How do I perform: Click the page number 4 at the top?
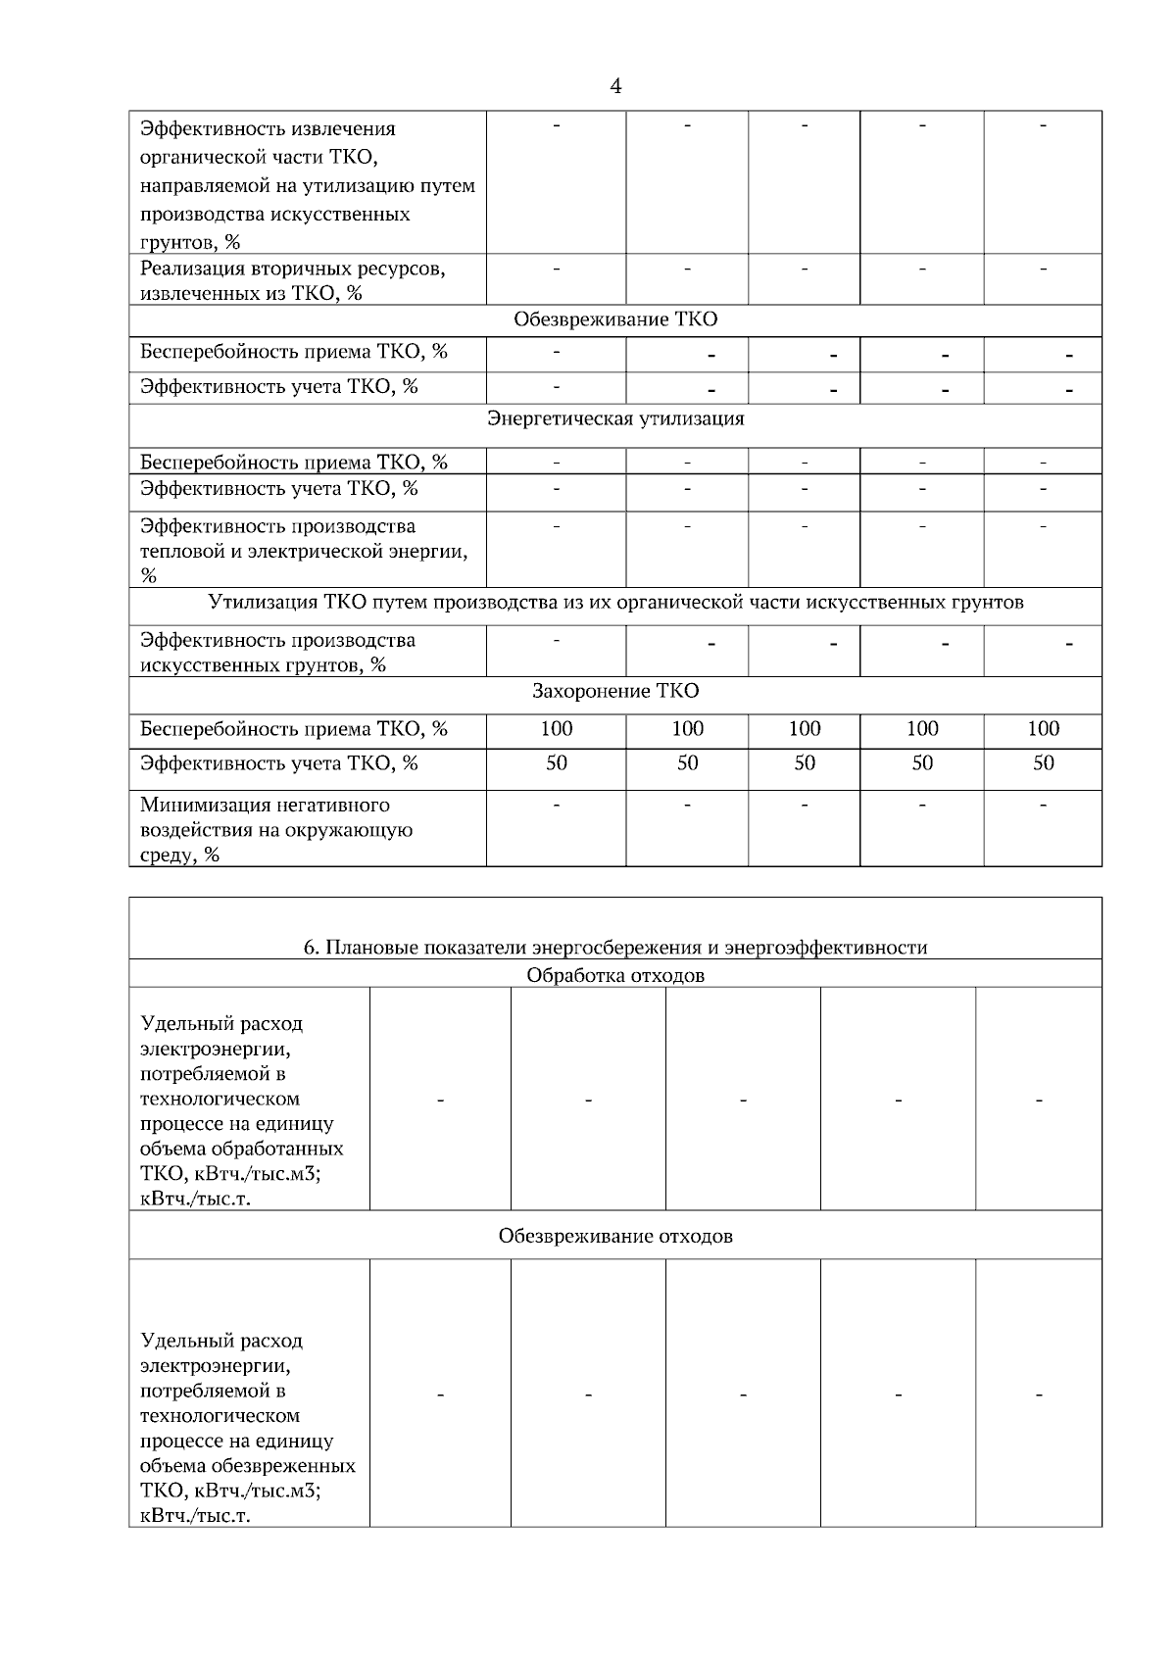(x=615, y=87)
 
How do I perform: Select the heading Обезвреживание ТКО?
(x=615, y=320)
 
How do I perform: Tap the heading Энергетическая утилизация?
(x=615, y=419)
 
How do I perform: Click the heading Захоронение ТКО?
(x=615, y=692)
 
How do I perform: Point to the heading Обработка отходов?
(x=615, y=976)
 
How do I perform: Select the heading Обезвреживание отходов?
(x=615, y=1236)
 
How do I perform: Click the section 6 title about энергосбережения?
(x=615, y=948)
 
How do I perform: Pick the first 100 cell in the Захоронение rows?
(x=556, y=729)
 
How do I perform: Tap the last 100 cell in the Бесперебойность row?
(x=1043, y=729)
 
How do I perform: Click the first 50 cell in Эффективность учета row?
(x=556, y=763)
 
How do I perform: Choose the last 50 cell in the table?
(x=1043, y=763)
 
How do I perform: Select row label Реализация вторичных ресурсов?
(x=292, y=280)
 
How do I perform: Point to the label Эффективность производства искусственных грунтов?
(x=277, y=653)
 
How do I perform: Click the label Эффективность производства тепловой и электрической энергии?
(x=302, y=551)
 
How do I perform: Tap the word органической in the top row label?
(x=199, y=157)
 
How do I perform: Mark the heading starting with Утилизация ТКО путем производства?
(x=615, y=603)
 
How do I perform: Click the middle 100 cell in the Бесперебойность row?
(x=804, y=729)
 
